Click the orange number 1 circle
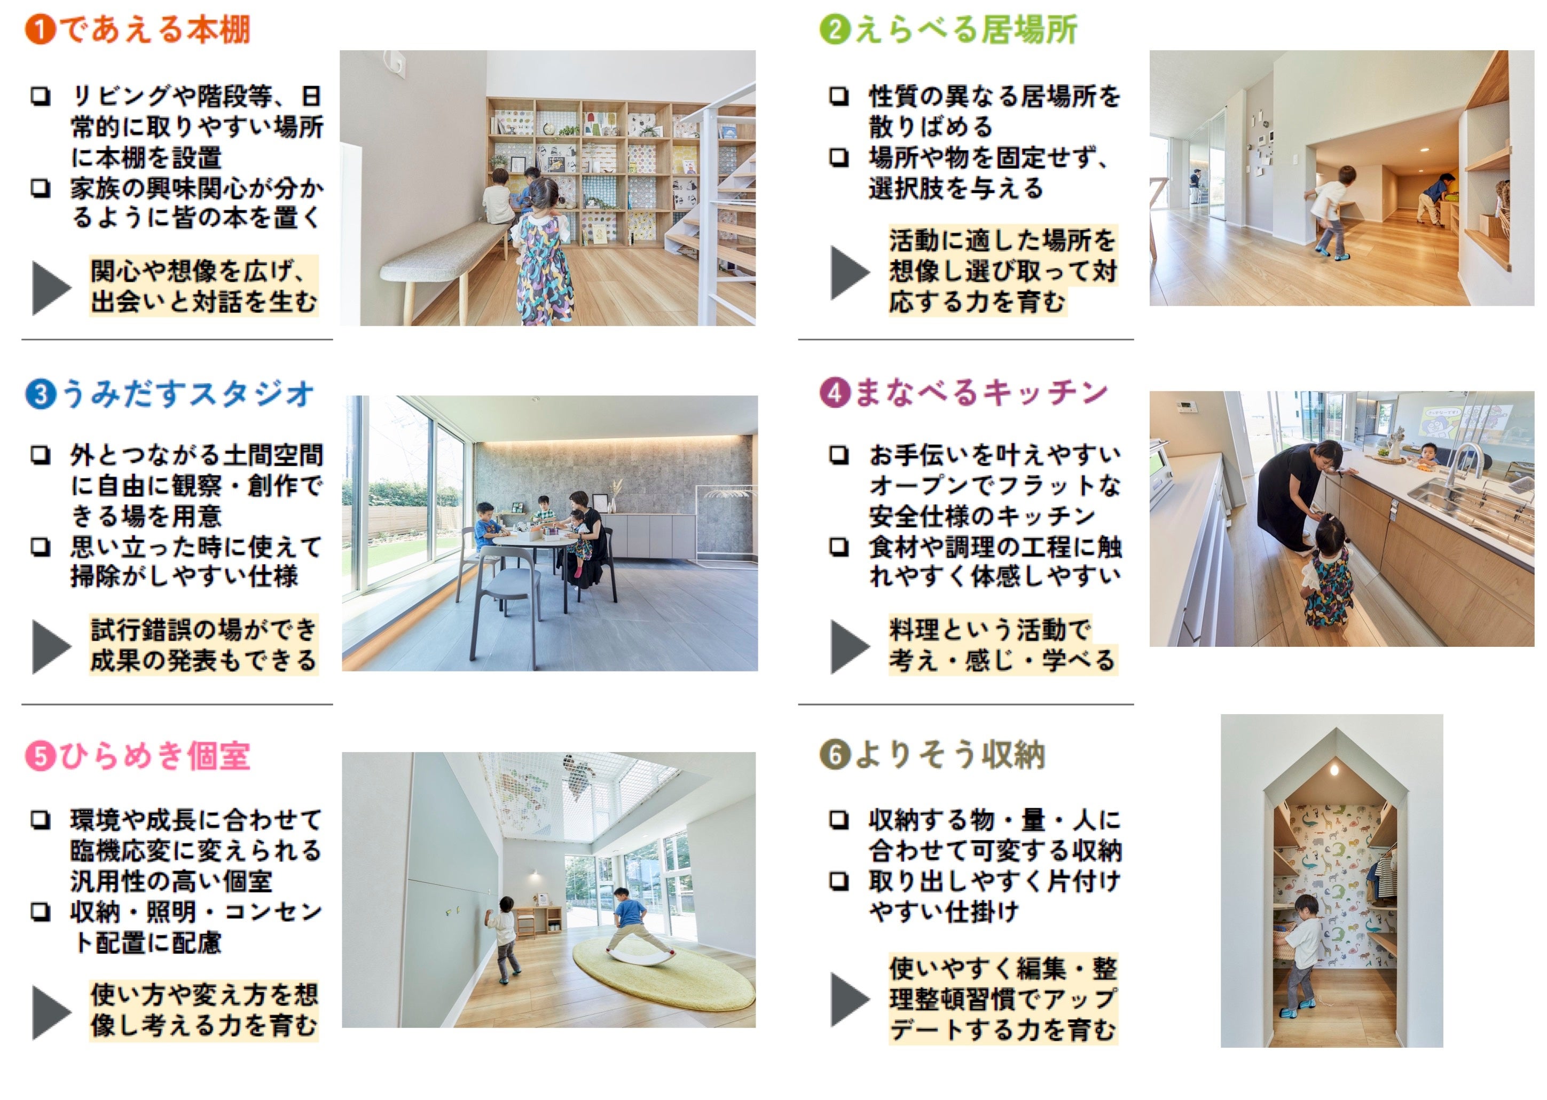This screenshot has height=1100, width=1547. point(40,30)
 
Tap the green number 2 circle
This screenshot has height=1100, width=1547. point(834,30)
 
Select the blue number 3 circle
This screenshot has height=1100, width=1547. point(40,394)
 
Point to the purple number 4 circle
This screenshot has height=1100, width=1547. point(834,393)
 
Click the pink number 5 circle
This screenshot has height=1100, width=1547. point(40,757)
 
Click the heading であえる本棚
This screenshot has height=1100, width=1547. point(155,30)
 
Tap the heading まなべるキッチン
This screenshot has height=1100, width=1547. point(980,393)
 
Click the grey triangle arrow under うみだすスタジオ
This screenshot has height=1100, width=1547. point(51,647)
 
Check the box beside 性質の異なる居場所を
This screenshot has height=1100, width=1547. point(839,96)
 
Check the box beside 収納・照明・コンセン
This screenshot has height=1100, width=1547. point(41,912)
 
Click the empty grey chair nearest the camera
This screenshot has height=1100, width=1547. point(501,596)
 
